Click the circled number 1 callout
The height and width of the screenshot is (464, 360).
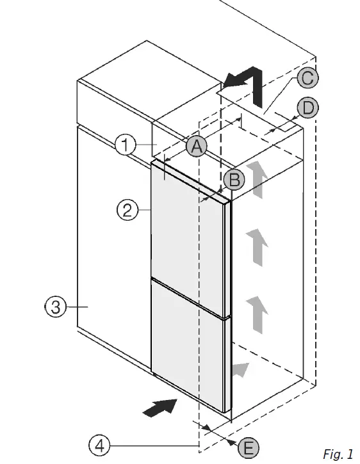click(126, 145)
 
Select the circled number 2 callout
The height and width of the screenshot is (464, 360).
click(127, 209)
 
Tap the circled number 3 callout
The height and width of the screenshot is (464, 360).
click(56, 307)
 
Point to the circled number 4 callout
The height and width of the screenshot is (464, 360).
click(99, 445)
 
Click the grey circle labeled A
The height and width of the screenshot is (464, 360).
click(196, 147)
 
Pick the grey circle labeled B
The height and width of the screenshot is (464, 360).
click(234, 180)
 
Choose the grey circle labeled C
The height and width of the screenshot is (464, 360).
click(307, 78)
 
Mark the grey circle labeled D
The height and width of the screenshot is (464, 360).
click(308, 108)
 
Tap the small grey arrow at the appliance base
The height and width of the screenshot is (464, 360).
click(241, 368)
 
